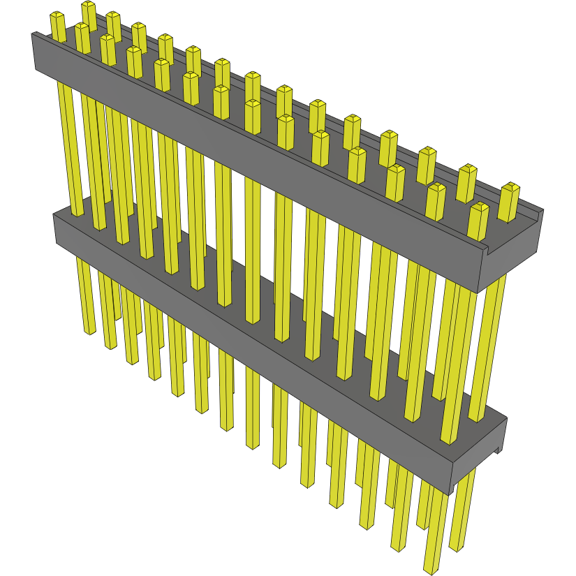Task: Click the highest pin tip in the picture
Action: [89, 6]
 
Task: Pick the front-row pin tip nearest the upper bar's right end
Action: [479, 207]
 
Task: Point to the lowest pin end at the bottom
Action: [431, 570]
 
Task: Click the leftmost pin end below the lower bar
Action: [89, 330]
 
